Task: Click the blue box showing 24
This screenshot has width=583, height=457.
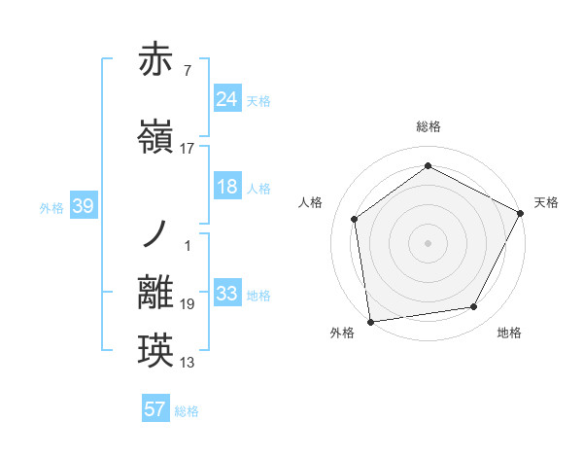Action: [x=227, y=98]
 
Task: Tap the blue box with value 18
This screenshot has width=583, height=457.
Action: [x=227, y=187]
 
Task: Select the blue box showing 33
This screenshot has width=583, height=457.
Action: [x=227, y=294]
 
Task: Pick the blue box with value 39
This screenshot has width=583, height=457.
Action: [x=83, y=206]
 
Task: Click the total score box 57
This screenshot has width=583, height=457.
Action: [x=155, y=409]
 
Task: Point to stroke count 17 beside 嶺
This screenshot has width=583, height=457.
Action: [x=188, y=149]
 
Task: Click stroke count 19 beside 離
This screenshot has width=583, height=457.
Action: [x=188, y=304]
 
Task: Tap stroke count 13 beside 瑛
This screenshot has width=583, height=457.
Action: [x=188, y=363]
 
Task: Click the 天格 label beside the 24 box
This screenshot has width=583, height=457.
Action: [x=258, y=100]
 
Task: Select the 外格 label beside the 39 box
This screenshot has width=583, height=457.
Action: [x=51, y=207]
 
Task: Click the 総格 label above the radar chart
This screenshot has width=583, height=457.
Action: [x=429, y=126]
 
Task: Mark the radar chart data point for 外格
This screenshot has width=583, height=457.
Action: [x=370, y=321]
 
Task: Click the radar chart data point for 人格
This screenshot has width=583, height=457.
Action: [x=355, y=219]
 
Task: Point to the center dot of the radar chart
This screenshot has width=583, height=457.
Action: [x=429, y=242]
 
